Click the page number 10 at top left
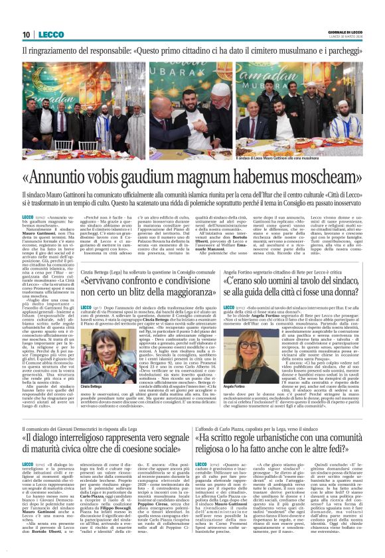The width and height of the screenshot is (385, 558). [27, 34]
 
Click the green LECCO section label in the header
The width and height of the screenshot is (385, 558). [50, 34]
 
